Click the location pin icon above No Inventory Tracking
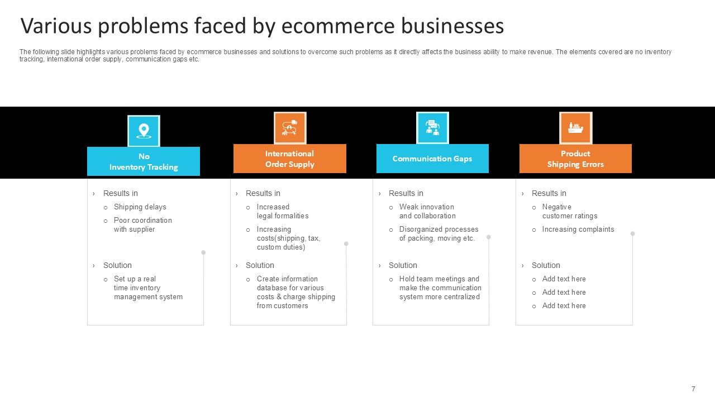pyautogui.click(x=144, y=131)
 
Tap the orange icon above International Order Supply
pyautogui.click(x=290, y=128)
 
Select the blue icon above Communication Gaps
pyautogui.click(x=432, y=128)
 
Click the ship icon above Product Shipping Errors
pyautogui.click(x=575, y=128)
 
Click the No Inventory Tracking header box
pyautogui.click(x=144, y=161)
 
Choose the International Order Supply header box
pyautogui.click(x=289, y=159)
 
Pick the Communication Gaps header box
pyautogui.click(x=432, y=159)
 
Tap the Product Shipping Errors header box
pyautogui.click(x=575, y=159)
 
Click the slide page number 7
pyautogui.click(x=693, y=389)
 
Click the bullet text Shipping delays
pyautogui.click(x=140, y=207)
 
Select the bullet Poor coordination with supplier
pyautogui.click(x=142, y=225)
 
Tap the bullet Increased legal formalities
pyautogui.click(x=282, y=212)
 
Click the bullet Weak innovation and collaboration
pyautogui.click(x=427, y=212)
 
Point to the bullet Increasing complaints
pyautogui.click(x=578, y=229)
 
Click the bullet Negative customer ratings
pyautogui.click(x=569, y=212)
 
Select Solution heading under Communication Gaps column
pyautogui.click(x=403, y=265)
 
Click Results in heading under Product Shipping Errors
pyautogui.click(x=549, y=193)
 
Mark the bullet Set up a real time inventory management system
pyautogui.click(x=148, y=288)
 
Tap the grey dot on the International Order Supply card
pyautogui.click(x=346, y=244)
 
